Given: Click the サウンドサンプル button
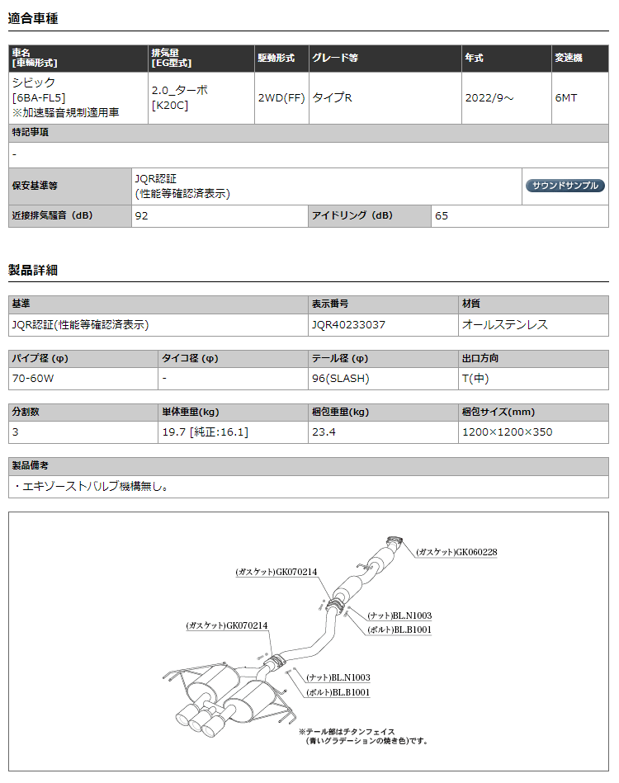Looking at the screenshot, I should click(565, 186).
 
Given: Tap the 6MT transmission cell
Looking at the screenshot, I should click(566, 97).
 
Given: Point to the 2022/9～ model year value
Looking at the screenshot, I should click(489, 97).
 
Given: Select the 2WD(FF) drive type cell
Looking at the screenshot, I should click(281, 97).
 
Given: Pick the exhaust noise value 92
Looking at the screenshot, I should click(142, 216).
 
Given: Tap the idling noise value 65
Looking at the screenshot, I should click(442, 216).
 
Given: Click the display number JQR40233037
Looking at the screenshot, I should click(348, 325).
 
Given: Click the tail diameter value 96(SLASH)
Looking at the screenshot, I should click(341, 379).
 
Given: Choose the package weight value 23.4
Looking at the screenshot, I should click(324, 432).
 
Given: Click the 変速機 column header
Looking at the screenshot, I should click(568, 59).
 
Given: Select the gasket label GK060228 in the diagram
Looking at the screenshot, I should click(456, 552).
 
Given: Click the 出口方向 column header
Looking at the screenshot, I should click(480, 359).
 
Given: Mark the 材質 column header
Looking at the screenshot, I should click(471, 304).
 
